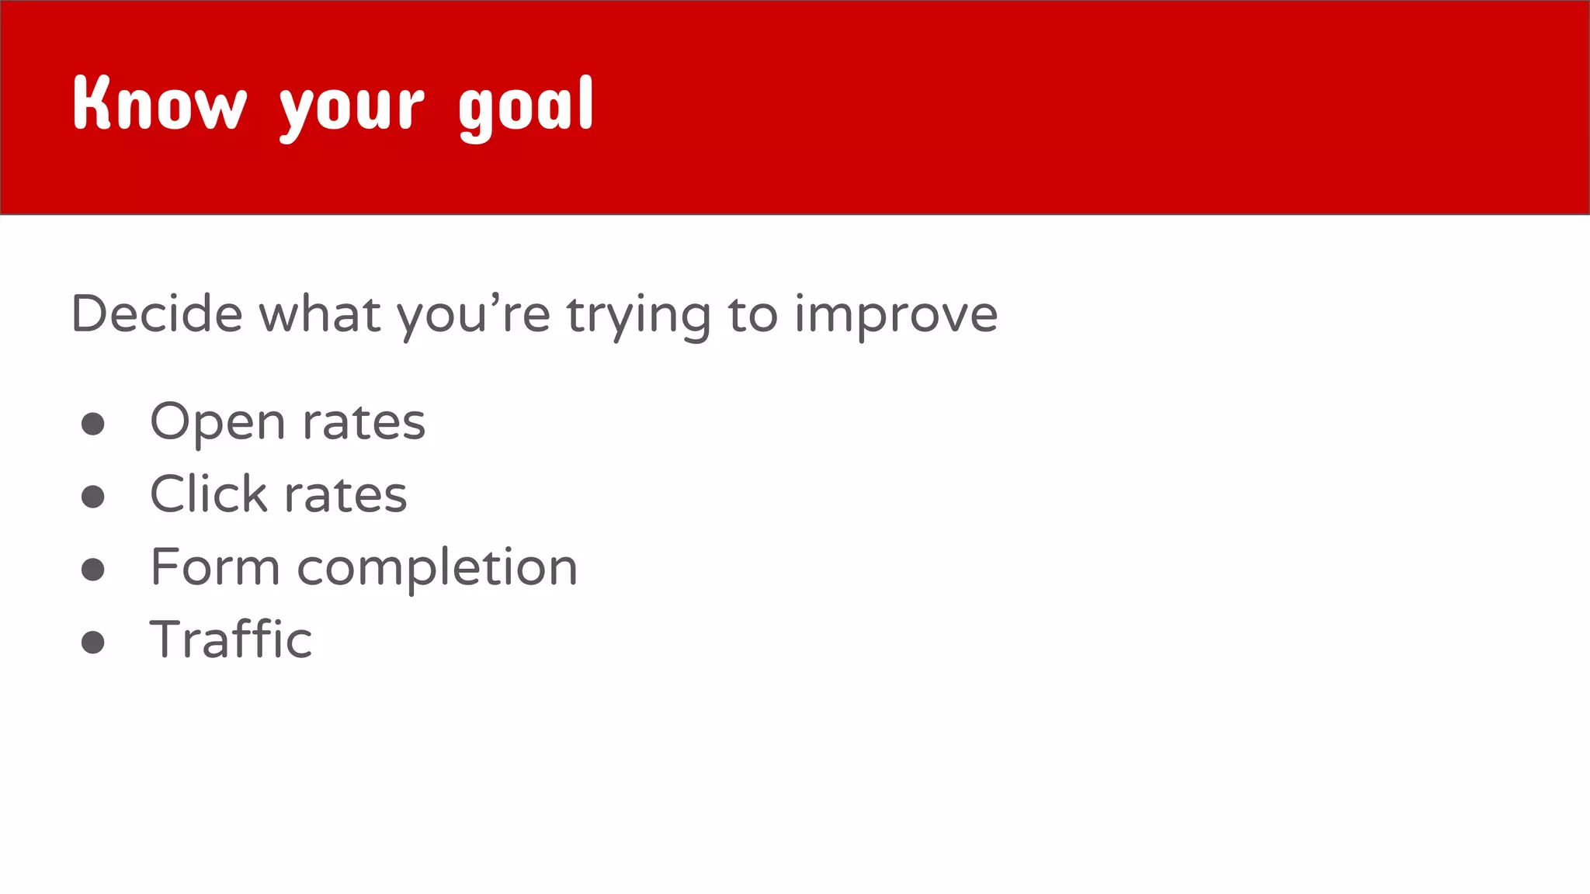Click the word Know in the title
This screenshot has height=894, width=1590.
[159, 104]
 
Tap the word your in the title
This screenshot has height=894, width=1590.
[352, 109]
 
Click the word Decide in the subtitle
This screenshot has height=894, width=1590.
[157, 314]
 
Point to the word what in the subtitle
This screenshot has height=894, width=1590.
[320, 314]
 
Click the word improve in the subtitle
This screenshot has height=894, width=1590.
[896, 316]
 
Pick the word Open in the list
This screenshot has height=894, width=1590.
[217, 424]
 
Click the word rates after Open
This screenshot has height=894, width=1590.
[363, 424]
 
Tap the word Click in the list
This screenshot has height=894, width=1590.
[208, 494]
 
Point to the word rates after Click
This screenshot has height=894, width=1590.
[345, 496]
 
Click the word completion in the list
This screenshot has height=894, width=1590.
[437, 569]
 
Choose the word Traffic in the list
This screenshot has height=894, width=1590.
[231, 639]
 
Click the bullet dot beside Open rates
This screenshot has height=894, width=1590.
[93, 424]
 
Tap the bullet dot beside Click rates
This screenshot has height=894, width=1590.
[93, 497]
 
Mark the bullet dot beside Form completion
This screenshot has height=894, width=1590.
[93, 570]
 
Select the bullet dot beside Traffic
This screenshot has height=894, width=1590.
[93, 642]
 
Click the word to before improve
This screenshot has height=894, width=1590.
[752, 315]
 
